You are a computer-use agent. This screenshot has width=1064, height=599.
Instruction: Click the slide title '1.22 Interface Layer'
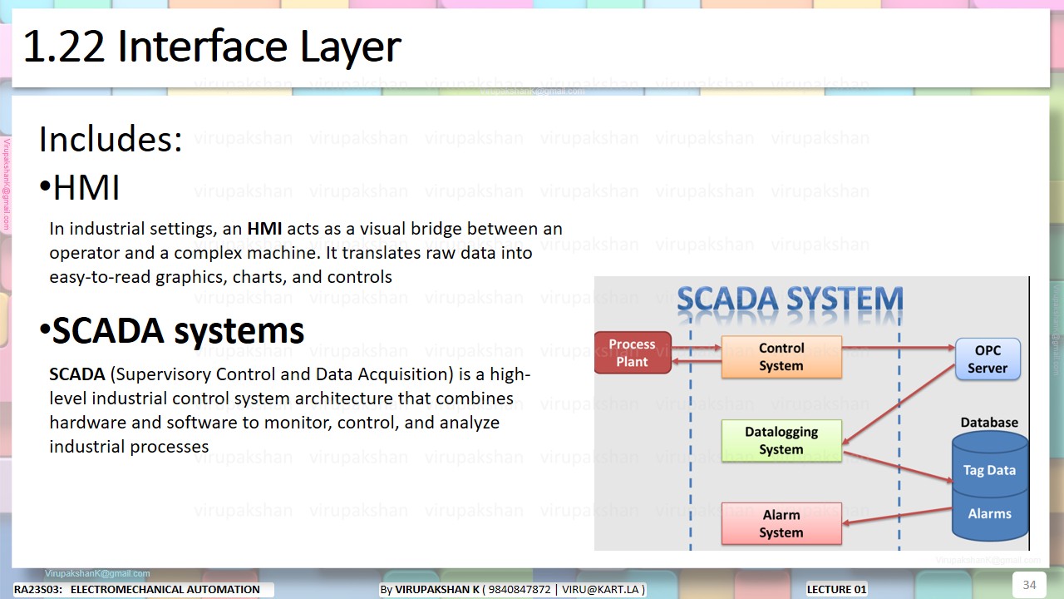click(x=212, y=47)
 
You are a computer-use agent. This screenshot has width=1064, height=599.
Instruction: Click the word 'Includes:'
click(x=111, y=140)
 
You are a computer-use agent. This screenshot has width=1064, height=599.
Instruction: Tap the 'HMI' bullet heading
click(x=86, y=188)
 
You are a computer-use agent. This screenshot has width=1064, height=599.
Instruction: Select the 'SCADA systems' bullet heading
click(x=178, y=331)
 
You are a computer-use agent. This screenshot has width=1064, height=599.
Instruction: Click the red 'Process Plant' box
click(x=633, y=353)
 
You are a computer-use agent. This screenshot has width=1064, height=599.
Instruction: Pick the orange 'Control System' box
click(x=781, y=357)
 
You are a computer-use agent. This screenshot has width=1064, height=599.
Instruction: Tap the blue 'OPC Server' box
click(x=987, y=359)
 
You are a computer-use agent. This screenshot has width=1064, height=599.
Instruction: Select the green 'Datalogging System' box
click(x=781, y=441)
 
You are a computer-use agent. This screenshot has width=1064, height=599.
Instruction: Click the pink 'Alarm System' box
click(x=781, y=523)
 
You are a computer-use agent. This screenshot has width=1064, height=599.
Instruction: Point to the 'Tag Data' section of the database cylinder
click(x=989, y=470)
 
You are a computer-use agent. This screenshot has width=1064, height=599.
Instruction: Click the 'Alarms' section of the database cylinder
click(x=989, y=513)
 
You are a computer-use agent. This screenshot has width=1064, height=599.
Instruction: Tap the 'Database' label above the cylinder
click(x=989, y=423)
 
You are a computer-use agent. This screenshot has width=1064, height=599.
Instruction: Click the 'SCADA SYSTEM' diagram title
click(x=790, y=300)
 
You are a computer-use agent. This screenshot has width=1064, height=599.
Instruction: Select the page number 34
click(x=1029, y=585)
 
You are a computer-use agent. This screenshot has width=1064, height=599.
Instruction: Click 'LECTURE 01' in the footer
click(x=837, y=589)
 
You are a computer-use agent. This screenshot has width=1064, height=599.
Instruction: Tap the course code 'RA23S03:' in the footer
click(x=38, y=589)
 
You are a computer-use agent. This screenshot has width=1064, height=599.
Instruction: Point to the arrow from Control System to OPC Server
click(x=898, y=347)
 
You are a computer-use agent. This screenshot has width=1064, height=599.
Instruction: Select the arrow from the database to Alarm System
click(x=898, y=516)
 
